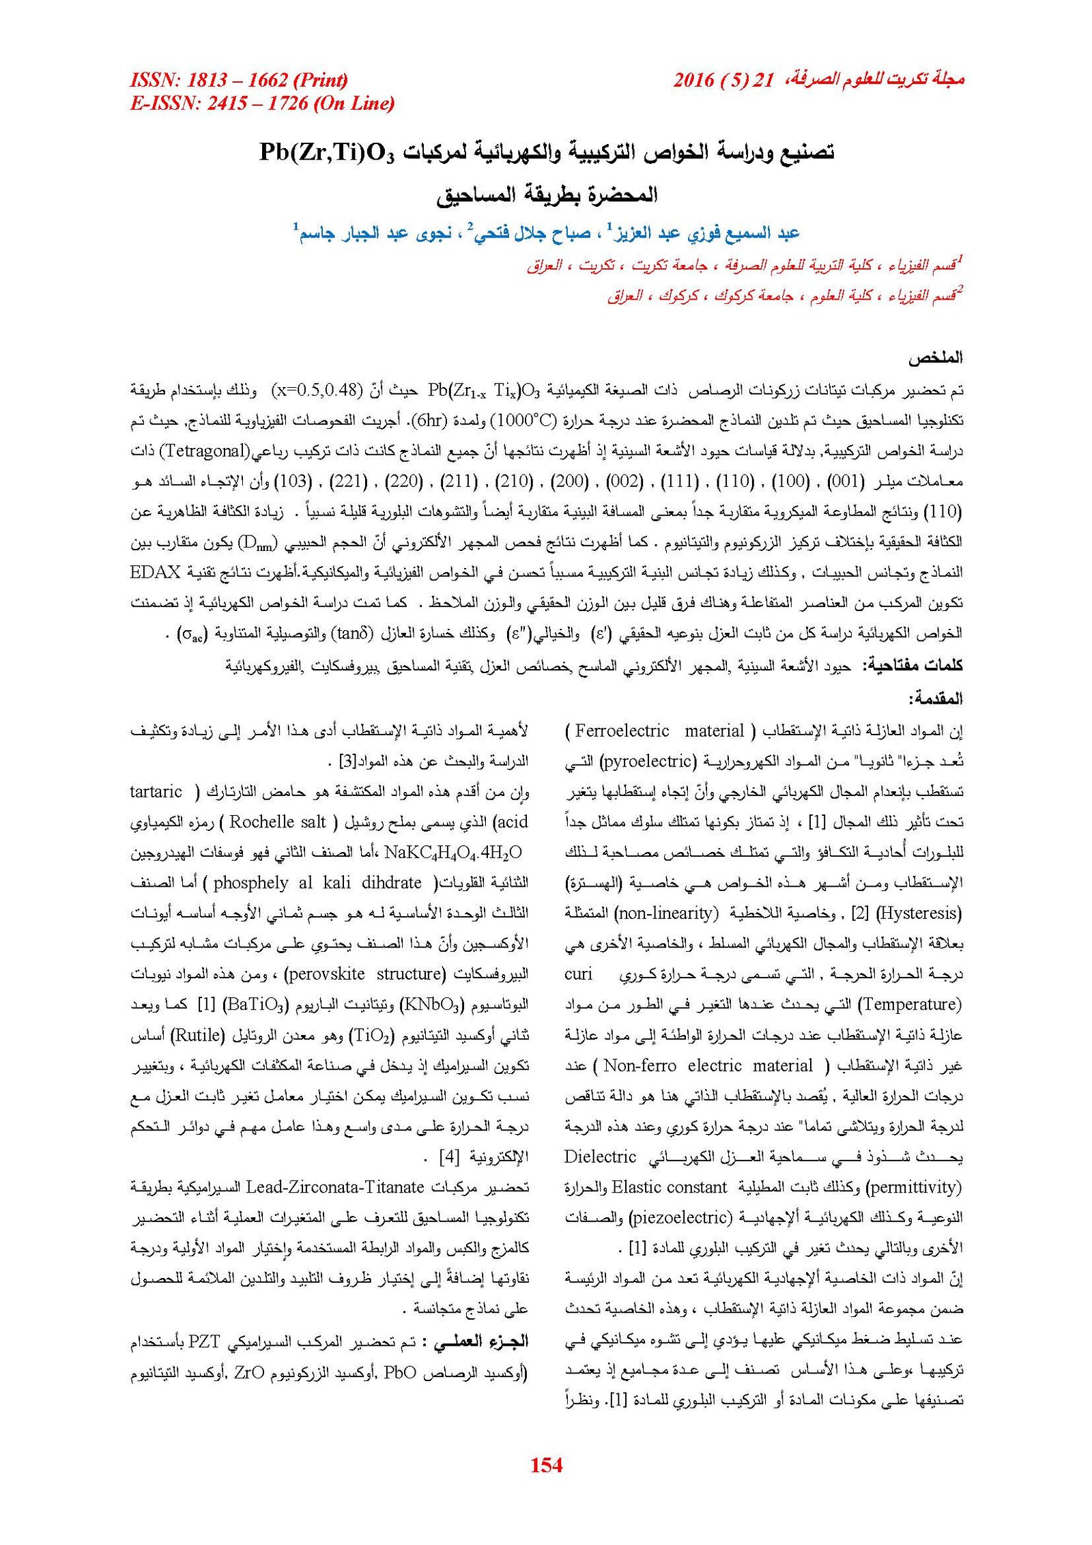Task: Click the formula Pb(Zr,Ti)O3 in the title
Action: click(327, 153)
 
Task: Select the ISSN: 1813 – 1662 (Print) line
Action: click(239, 80)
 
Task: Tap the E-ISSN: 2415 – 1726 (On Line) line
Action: click(262, 104)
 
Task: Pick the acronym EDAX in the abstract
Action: click(155, 572)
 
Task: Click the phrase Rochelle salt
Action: click(278, 822)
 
